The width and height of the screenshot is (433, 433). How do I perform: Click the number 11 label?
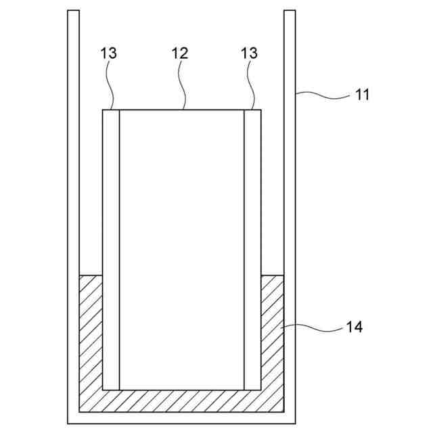363,95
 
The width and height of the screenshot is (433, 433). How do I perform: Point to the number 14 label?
355,327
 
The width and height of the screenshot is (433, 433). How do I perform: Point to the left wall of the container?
74,203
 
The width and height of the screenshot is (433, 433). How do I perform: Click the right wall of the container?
290,203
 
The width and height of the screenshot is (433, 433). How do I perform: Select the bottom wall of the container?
181,417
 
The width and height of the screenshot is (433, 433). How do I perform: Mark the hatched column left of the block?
91,332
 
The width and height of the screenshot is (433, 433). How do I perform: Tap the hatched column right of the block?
272,332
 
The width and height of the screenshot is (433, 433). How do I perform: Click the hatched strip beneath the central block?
181,400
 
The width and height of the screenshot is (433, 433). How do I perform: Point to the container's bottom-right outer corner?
295,423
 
